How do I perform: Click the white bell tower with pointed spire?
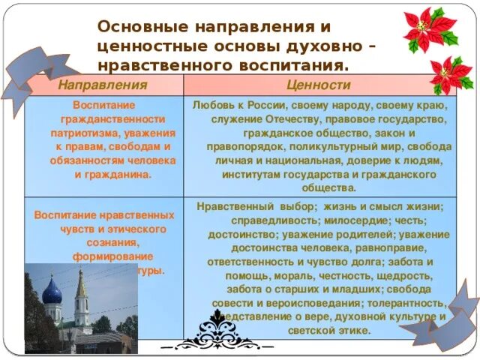(x=81, y=300)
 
